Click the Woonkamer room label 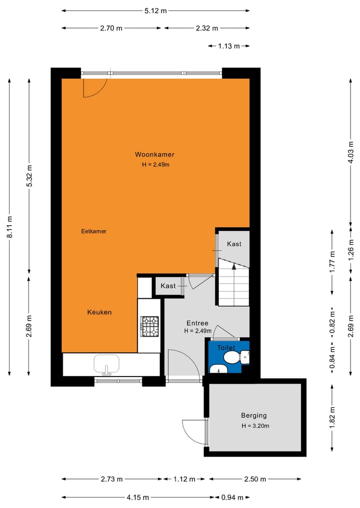point(154,154)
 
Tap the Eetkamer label point(94,231)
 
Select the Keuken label point(99,312)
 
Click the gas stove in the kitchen point(149,326)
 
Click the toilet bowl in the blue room point(231,358)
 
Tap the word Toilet point(225,347)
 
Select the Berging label point(253,415)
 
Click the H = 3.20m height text point(255,426)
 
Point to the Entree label point(197,323)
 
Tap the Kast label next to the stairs point(234,244)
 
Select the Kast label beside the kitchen point(168,286)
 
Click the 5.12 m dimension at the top point(155,10)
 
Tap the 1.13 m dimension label point(228,46)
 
